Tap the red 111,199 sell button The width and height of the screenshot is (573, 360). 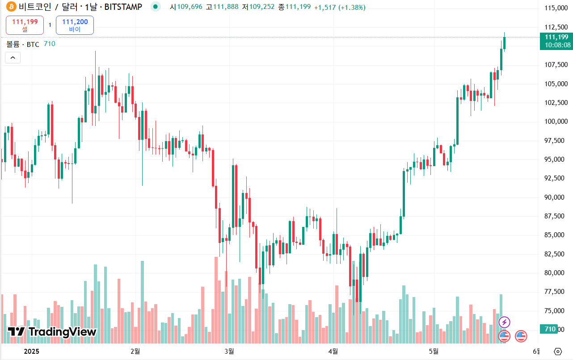(x=25, y=25)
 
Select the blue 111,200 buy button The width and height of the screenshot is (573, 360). (x=75, y=25)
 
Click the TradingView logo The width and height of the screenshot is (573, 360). (x=52, y=332)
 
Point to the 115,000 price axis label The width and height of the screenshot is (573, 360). (x=556, y=8)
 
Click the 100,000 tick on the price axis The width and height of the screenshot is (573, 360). (x=556, y=121)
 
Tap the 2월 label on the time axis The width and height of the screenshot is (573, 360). (x=135, y=351)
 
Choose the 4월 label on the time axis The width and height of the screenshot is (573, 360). (x=333, y=351)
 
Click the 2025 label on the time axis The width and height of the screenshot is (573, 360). (x=31, y=351)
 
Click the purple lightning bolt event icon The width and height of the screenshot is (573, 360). (x=504, y=322)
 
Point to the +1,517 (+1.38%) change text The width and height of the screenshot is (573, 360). (x=340, y=7)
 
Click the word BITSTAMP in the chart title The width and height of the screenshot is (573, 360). (x=123, y=7)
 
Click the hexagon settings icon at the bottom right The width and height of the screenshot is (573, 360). (x=557, y=351)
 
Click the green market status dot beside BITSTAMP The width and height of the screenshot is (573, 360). (x=155, y=7)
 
